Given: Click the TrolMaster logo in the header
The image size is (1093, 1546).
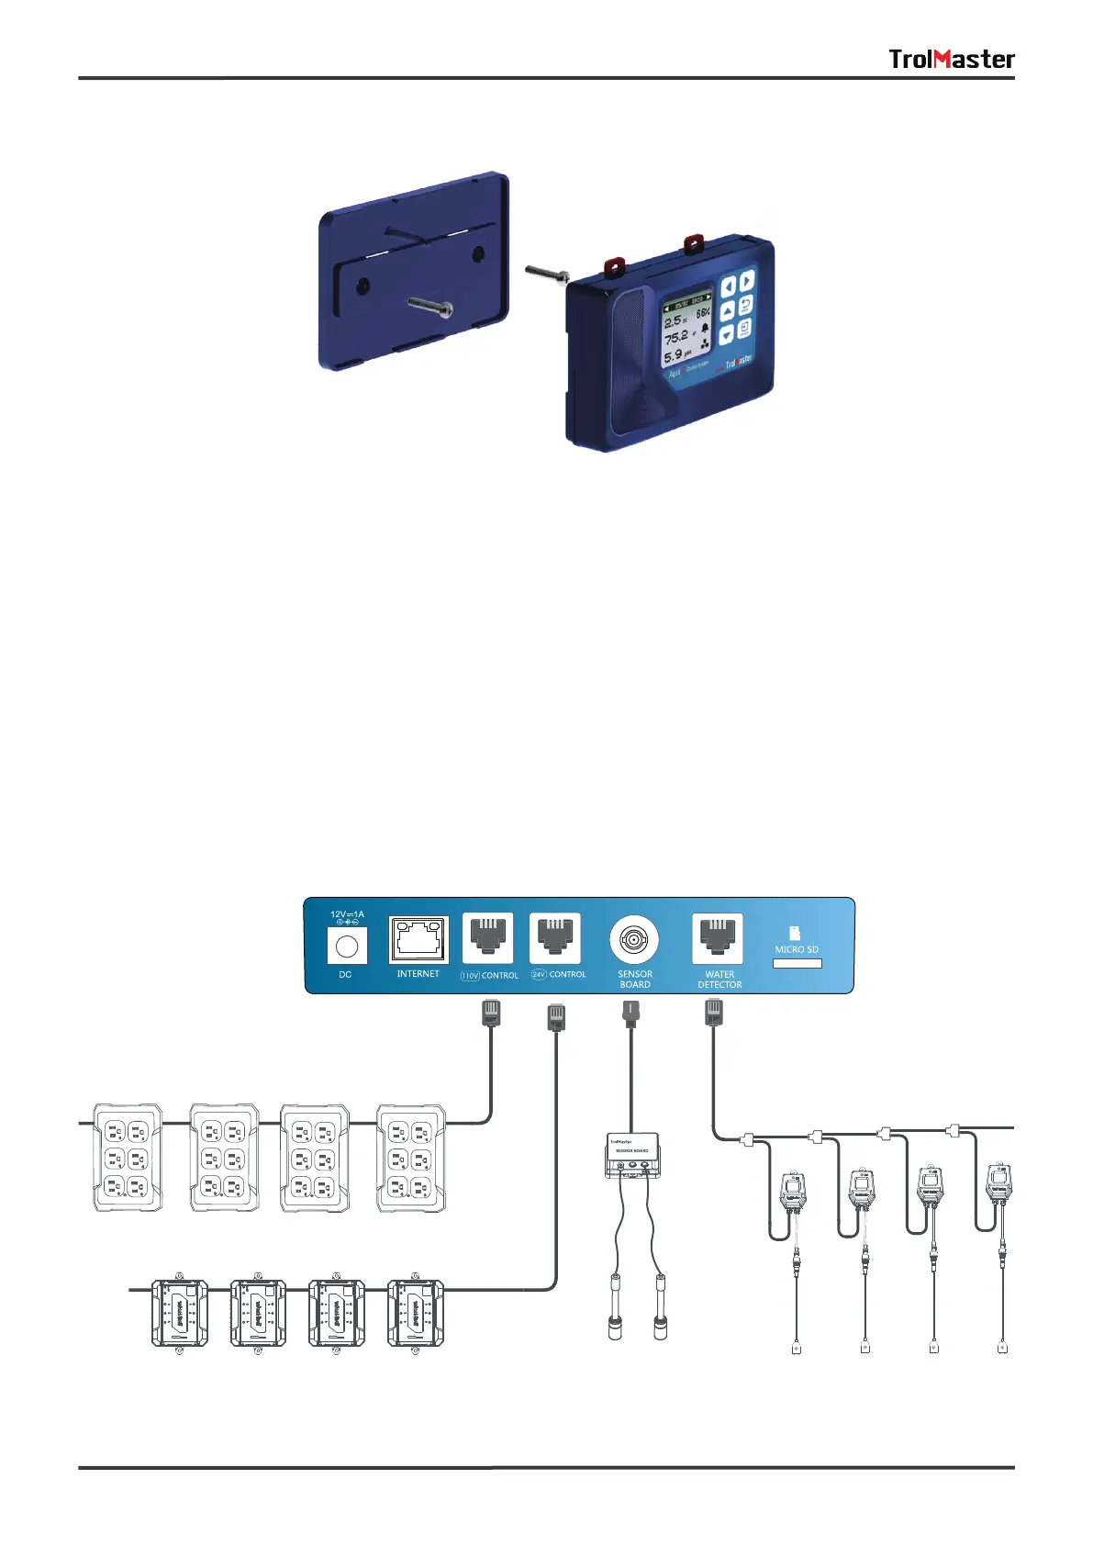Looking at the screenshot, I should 951,60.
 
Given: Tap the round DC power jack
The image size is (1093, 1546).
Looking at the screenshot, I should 347,946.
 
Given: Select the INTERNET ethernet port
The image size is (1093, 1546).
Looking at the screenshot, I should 418,939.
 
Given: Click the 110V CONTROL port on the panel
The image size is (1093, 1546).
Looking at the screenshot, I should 487,938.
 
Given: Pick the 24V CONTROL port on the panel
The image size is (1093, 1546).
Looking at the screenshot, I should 554,938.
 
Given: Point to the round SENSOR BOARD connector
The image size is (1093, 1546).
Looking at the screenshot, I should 633,940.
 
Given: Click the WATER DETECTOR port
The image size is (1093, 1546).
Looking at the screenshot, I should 718,938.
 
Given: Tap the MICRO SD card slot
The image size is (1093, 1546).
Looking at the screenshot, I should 797,963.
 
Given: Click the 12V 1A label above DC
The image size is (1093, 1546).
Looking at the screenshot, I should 347,914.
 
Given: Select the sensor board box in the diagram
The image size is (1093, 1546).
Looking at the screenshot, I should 631,1155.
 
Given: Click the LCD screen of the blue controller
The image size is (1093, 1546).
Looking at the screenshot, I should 687,331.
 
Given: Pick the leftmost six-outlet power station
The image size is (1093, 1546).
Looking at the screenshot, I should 128,1159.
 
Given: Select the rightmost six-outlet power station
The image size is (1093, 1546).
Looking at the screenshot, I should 411,1159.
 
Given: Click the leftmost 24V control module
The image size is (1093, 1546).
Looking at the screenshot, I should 179,1314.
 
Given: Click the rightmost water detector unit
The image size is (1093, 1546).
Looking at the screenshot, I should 998,1187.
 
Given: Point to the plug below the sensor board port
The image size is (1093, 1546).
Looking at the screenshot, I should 631,1014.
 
